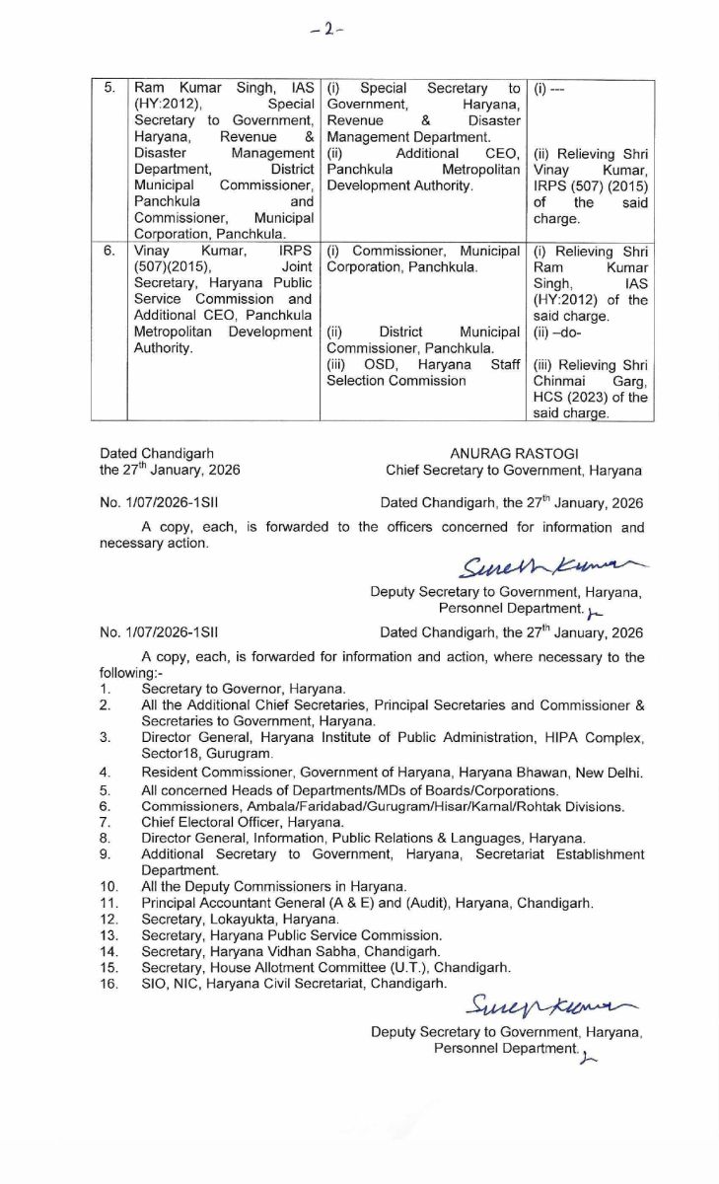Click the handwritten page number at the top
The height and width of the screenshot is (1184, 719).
[x=326, y=29]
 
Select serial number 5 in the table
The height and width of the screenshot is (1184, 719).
[x=109, y=89]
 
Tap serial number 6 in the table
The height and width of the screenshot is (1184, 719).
[x=109, y=252]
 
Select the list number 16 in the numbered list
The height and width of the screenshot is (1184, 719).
[x=108, y=983]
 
